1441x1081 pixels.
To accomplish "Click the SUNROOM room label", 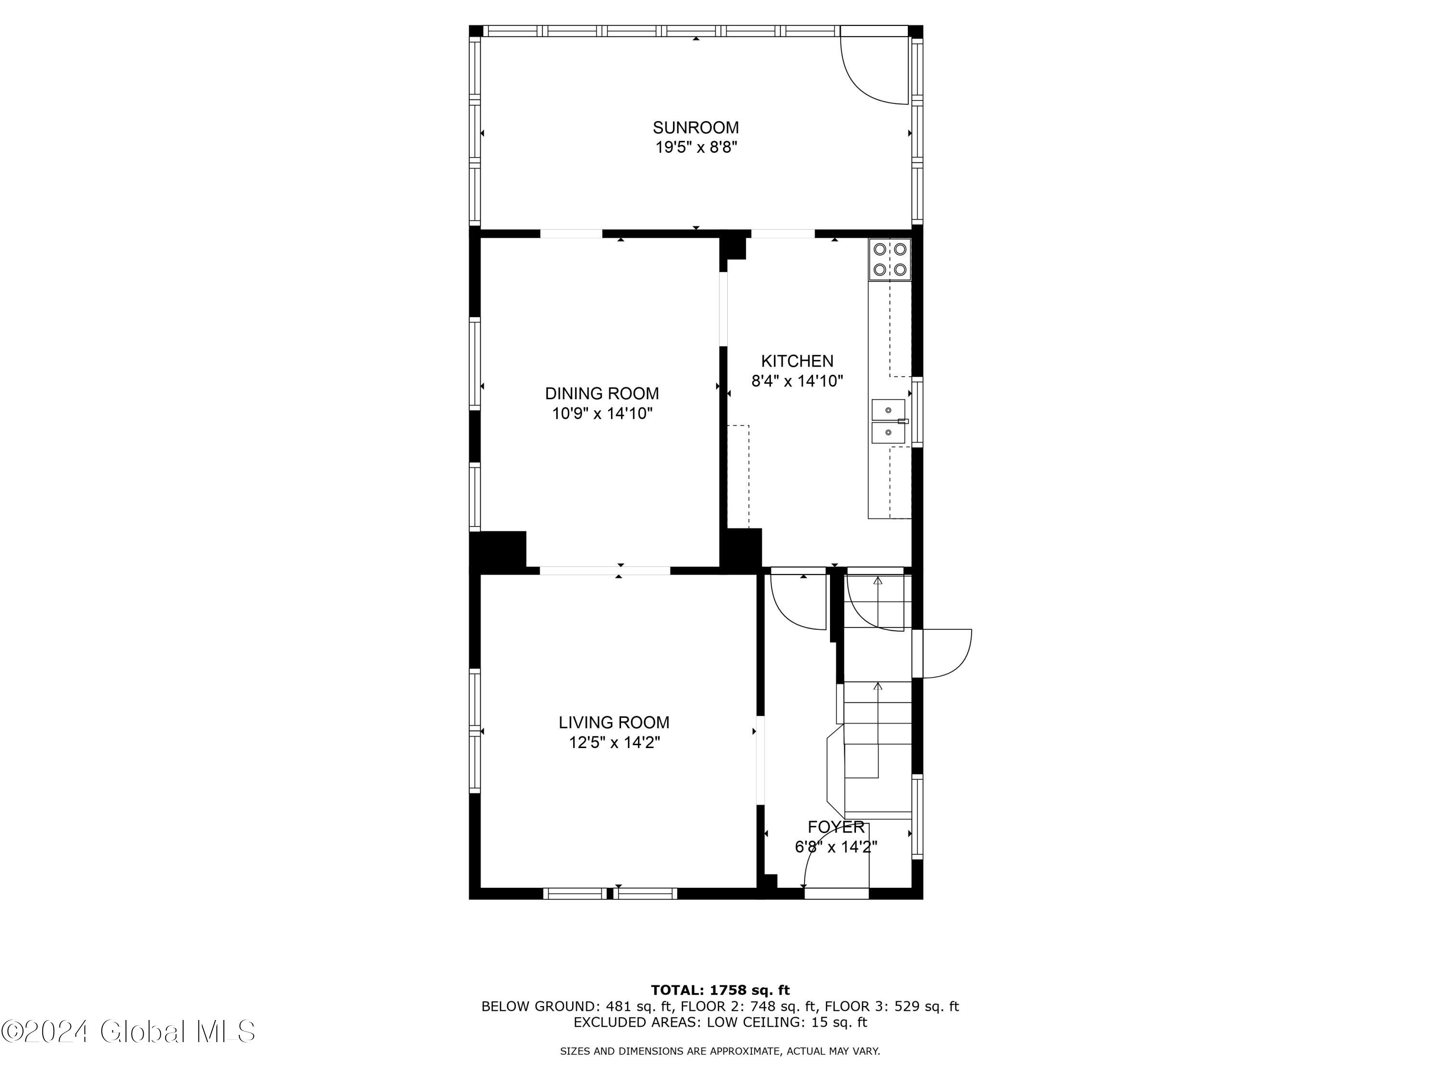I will (x=696, y=127).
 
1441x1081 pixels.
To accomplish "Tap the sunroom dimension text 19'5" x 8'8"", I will (x=696, y=147).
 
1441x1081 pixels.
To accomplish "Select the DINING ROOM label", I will (x=602, y=393).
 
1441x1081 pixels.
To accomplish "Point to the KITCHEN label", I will (x=797, y=361).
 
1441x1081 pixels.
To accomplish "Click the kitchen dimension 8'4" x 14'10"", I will (x=797, y=381).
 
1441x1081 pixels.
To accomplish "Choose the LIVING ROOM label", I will (x=614, y=723).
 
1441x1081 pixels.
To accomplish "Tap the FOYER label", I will (x=836, y=827).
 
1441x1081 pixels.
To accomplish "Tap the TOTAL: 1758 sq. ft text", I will (x=720, y=990).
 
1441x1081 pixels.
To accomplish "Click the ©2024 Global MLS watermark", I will (x=128, y=1032).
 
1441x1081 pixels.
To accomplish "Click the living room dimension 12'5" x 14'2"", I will (x=614, y=743).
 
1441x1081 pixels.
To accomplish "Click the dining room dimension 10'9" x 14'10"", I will (x=602, y=414).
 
